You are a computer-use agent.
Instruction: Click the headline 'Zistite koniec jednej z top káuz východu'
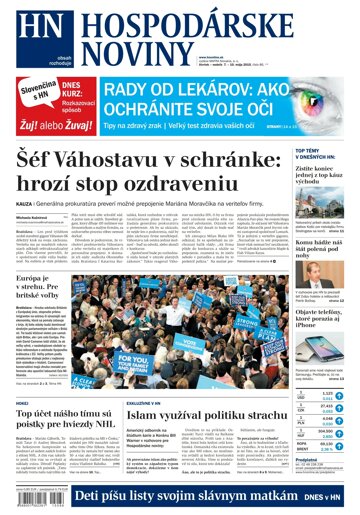(x=316, y=176)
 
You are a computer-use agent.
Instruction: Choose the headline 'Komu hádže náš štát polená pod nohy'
(x=316, y=250)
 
